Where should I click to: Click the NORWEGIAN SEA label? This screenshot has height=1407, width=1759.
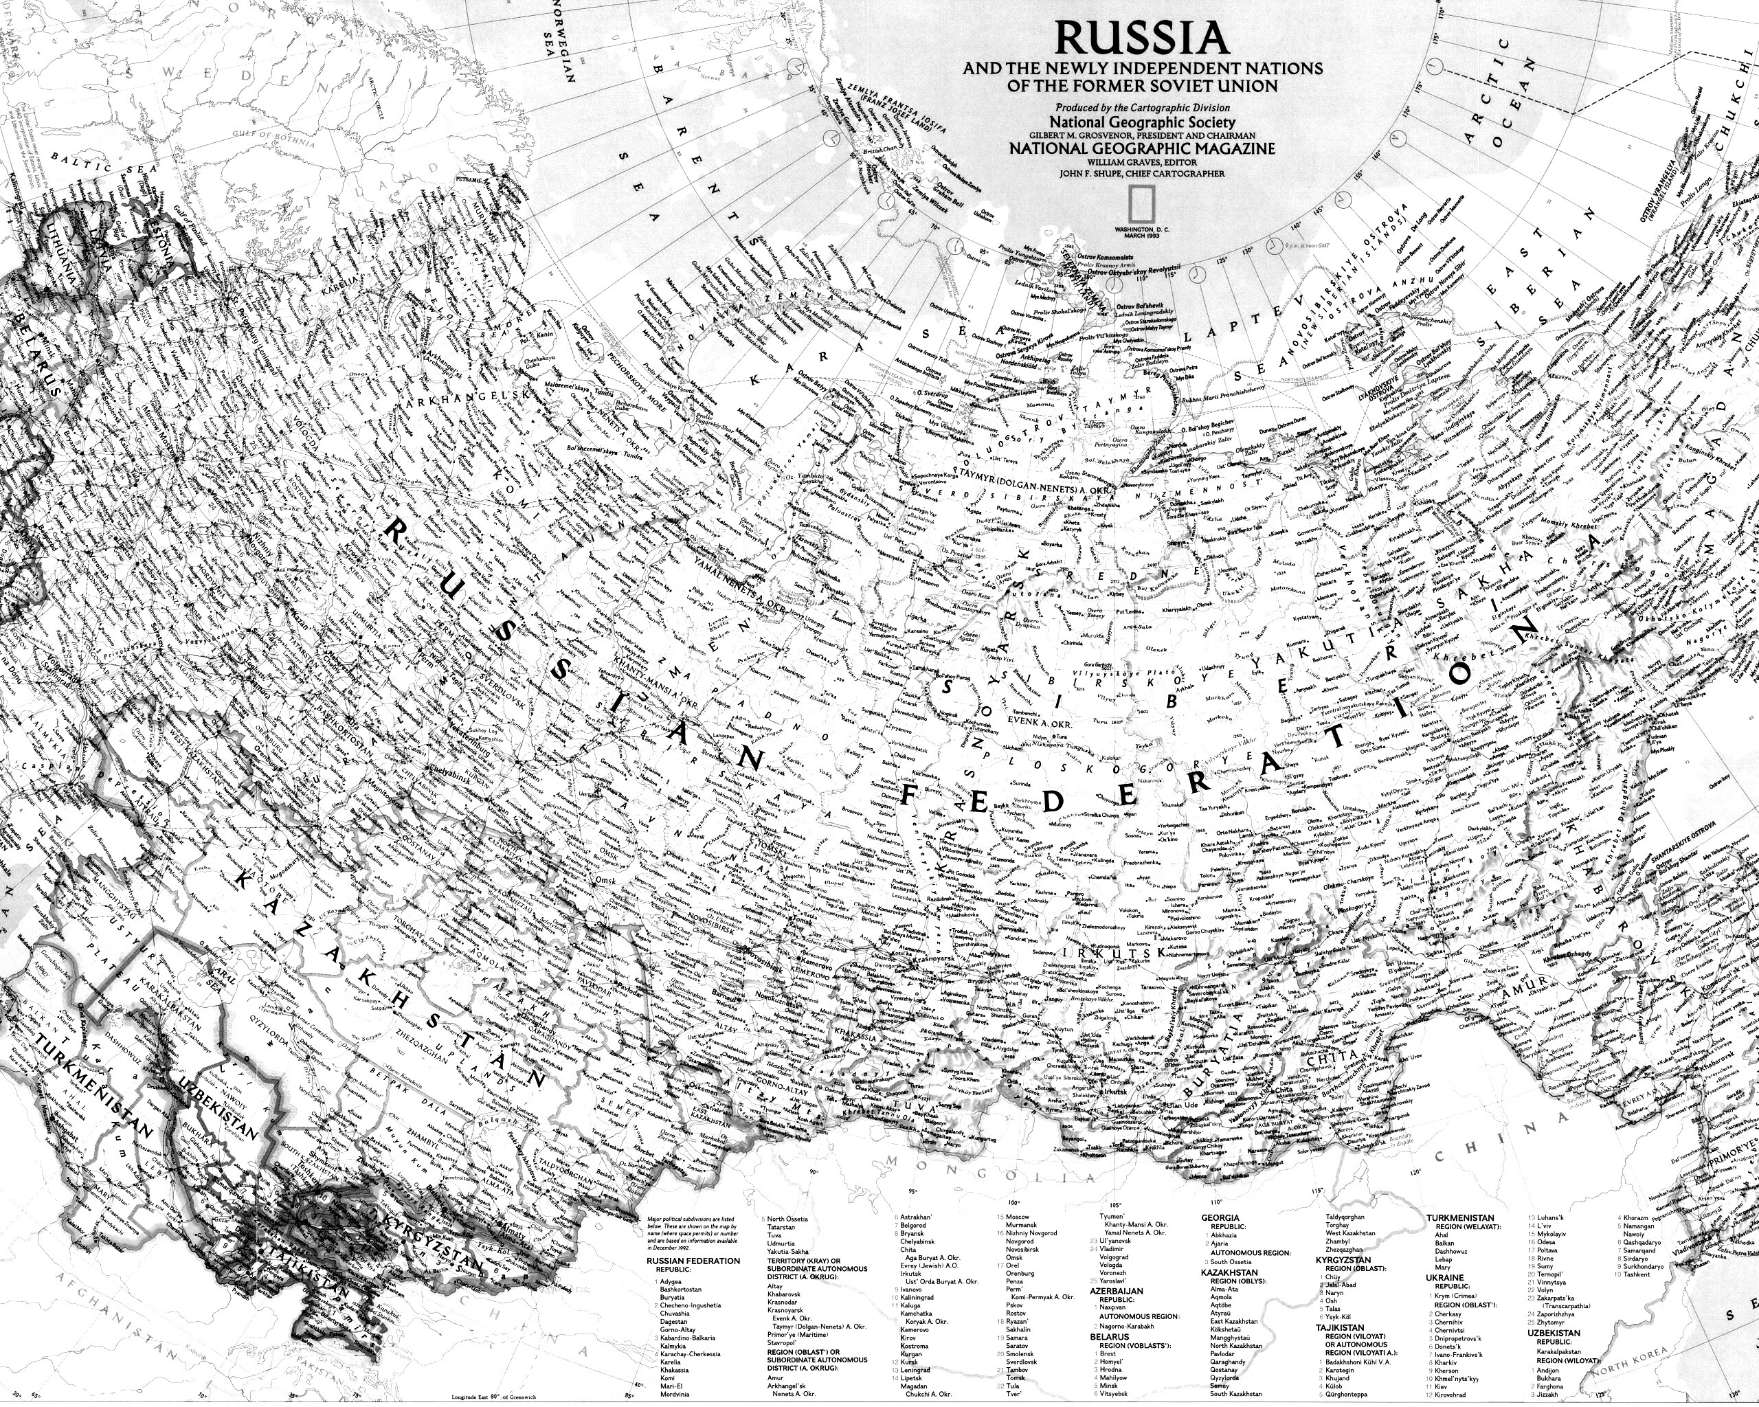[x=563, y=41]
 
